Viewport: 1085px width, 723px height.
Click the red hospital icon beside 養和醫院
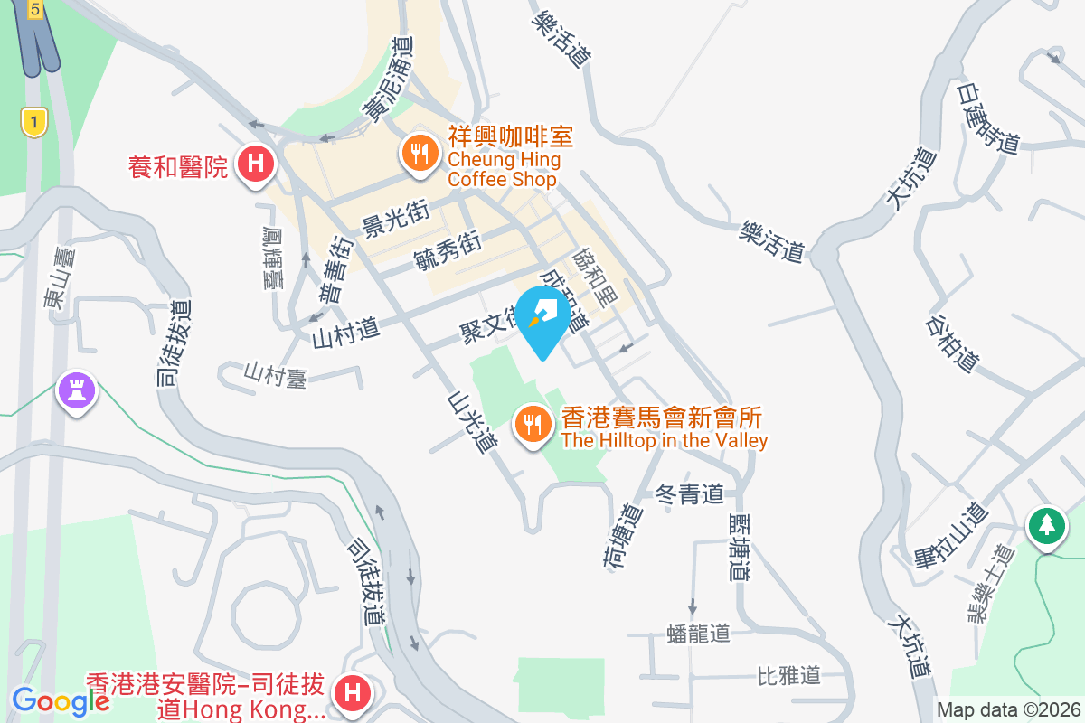[256, 164]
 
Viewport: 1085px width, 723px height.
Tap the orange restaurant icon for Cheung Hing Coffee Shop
[418, 152]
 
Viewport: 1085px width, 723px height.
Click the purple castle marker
[77, 391]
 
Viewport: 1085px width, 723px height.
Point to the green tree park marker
[1047, 524]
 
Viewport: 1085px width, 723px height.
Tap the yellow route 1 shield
[33, 121]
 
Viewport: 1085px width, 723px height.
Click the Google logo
[61, 700]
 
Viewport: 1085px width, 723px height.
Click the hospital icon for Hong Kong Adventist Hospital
[352, 694]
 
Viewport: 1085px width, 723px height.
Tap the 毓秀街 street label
[446, 250]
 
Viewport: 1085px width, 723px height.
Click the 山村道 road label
[344, 333]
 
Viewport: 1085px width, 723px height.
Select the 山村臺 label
[276, 374]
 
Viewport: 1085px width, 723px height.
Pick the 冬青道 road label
[690, 494]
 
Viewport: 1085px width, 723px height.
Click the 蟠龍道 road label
[697, 632]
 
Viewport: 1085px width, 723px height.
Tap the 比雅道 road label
[788, 674]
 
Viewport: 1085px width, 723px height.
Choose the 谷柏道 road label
[953, 343]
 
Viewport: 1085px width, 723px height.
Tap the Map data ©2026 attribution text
[1008, 710]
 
